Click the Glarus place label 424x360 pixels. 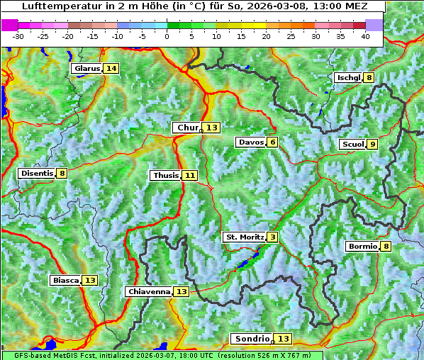click(87, 68)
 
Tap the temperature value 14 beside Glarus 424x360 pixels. click(111, 68)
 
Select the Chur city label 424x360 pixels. click(187, 128)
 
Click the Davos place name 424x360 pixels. click(251, 142)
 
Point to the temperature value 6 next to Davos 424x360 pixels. click(272, 142)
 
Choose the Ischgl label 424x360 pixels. click(348, 77)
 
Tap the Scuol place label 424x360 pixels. click(352, 145)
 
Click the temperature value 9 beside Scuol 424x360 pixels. click(373, 145)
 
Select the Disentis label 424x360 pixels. click(37, 173)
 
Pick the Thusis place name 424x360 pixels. click(165, 175)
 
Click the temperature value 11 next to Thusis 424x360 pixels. click(189, 175)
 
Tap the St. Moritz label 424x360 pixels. click(244, 237)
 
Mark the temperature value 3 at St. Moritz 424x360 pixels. click(272, 237)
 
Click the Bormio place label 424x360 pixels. click(362, 247)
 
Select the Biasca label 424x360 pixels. click(65, 280)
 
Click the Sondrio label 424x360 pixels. click(252, 339)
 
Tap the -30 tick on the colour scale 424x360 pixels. click(18, 35)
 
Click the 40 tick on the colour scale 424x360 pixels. click(365, 35)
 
